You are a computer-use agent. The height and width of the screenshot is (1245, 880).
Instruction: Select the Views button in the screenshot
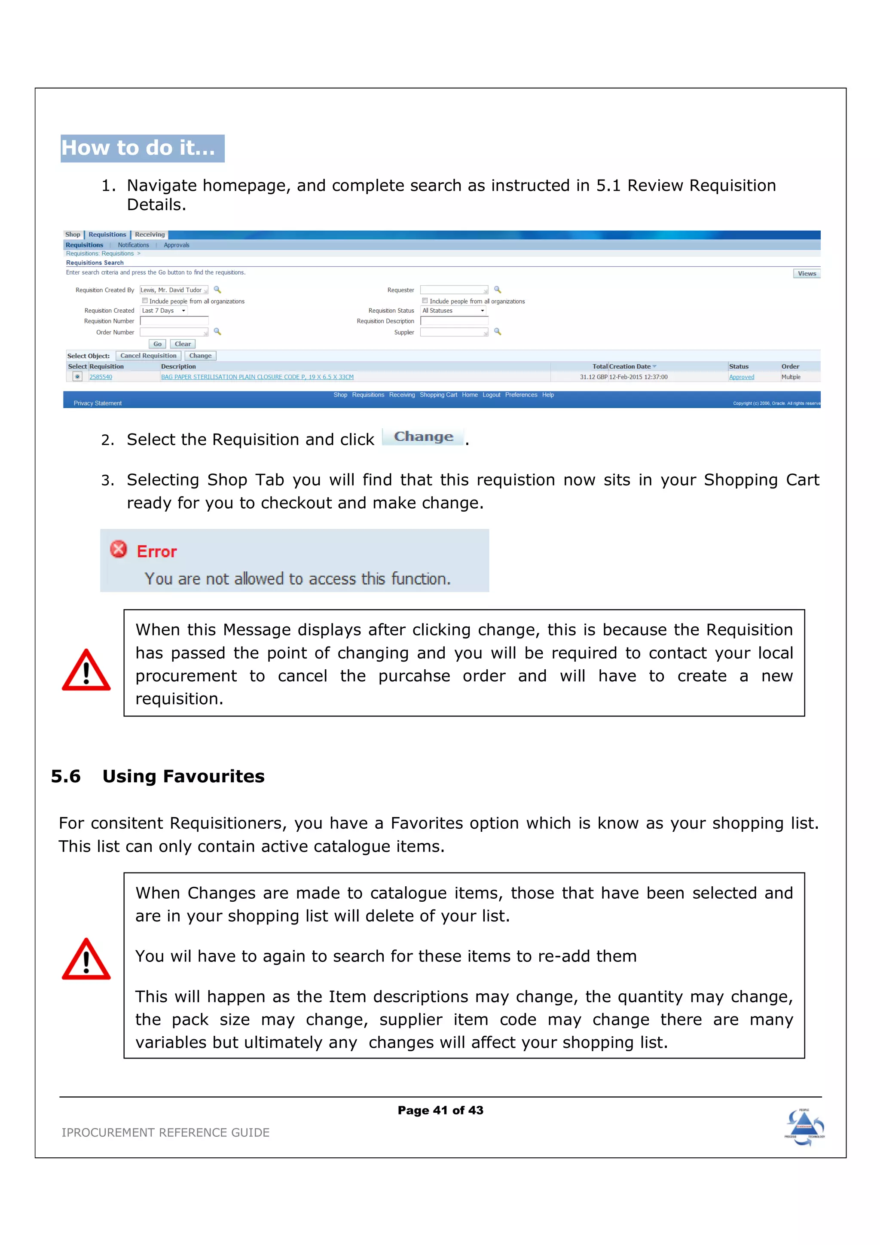coord(806,274)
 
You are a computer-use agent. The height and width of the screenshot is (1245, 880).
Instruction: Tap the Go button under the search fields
coord(157,344)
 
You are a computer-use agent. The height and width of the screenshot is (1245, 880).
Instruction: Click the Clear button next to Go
coord(183,344)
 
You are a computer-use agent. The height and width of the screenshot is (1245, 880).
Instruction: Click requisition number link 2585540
coord(101,377)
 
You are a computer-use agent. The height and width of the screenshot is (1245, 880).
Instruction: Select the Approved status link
coord(741,377)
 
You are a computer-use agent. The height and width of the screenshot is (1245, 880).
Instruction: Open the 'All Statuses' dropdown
coord(453,311)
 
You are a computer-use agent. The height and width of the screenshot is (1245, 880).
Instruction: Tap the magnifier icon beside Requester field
coord(497,290)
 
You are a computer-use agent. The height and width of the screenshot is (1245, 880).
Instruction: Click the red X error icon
coord(118,549)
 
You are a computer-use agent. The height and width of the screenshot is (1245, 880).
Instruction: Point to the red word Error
coord(157,552)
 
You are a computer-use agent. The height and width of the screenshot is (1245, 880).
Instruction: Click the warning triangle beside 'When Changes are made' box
coord(86,960)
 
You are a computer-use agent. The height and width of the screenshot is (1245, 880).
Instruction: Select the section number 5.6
coord(66,776)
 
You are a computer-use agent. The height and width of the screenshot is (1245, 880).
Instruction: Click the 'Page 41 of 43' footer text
coord(440,1111)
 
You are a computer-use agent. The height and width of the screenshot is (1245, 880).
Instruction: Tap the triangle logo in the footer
coord(804,1127)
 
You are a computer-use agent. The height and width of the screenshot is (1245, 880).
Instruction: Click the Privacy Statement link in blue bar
coord(98,403)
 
